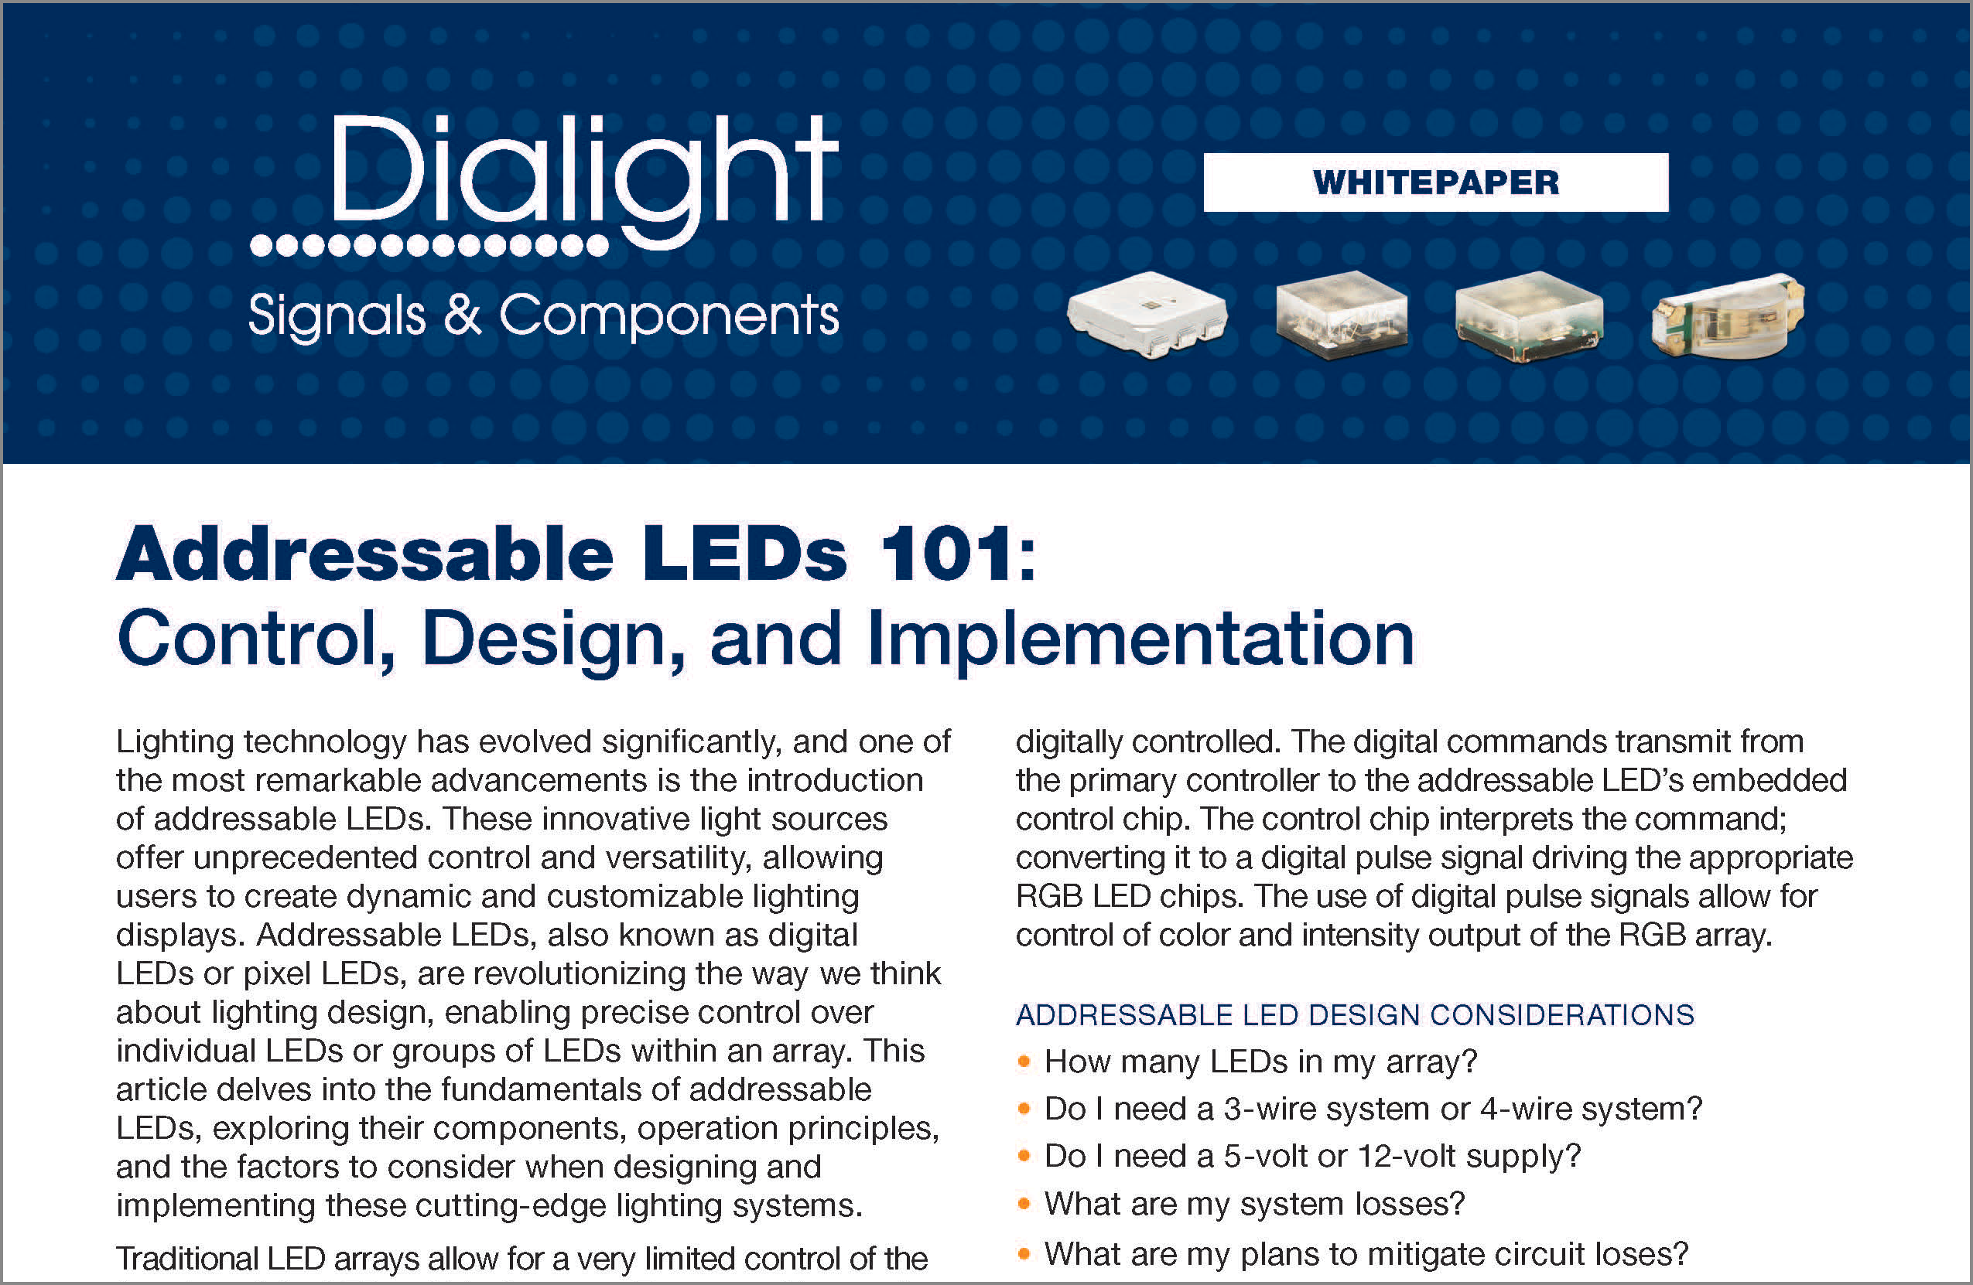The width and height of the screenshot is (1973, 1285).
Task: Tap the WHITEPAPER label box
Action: pos(1436,182)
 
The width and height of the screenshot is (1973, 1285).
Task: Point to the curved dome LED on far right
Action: pos(1728,315)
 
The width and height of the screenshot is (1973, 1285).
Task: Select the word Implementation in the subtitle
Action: pos(1140,639)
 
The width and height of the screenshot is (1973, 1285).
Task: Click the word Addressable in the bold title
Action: pos(364,554)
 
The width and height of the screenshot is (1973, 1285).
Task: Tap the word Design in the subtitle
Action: pos(554,640)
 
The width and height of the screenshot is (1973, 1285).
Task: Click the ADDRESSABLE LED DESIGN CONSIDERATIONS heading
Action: pos(1355,1015)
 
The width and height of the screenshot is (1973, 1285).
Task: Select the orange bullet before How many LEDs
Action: pos(1024,1062)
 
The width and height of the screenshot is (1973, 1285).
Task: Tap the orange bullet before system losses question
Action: pos(1024,1203)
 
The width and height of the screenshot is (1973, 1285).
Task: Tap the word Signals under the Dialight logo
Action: pos(337,315)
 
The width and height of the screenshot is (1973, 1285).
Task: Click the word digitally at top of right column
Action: pos(1069,742)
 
